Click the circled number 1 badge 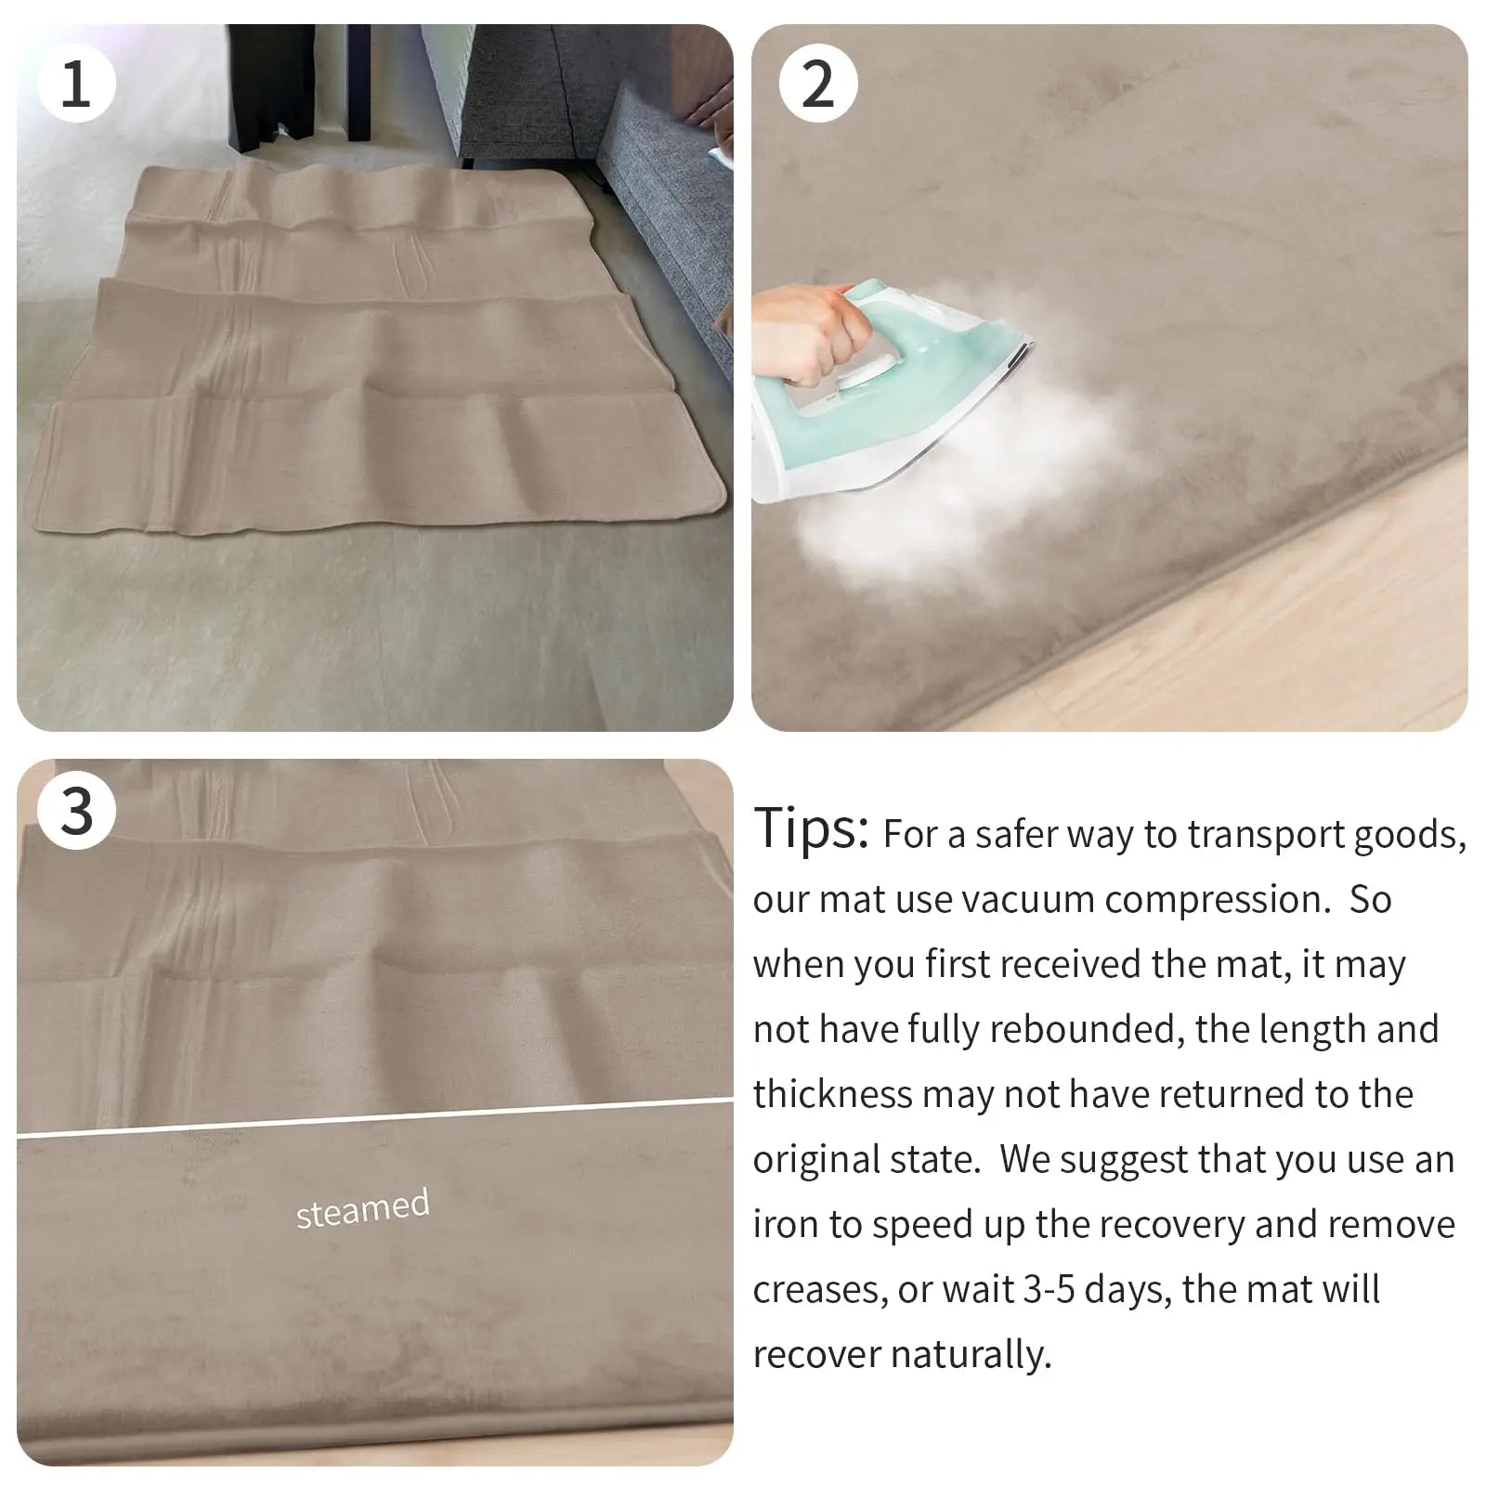(76, 84)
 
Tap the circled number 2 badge (817, 84)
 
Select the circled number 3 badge (76, 811)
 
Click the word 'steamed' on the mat (362, 1208)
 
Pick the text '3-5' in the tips (1049, 1290)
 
